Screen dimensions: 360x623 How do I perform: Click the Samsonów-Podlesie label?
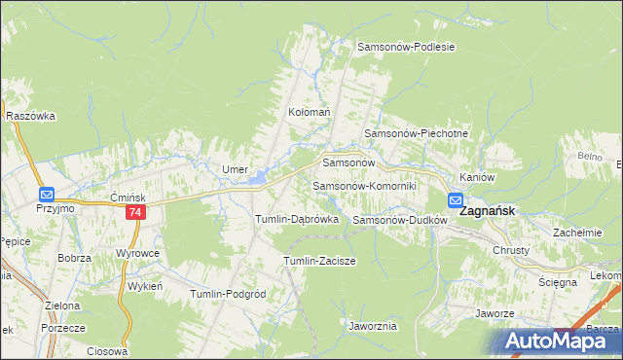(x=406, y=46)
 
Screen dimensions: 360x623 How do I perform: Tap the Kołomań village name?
(x=310, y=112)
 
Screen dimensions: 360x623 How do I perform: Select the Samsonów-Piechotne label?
(x=417, y=133)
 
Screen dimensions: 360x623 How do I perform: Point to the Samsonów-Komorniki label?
(x=364, y=185)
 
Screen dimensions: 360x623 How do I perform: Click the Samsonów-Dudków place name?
(x=399, y=220)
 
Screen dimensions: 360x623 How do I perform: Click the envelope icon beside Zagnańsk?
(x=456, y=201)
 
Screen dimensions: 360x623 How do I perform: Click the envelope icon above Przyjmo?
(x=46, y=195)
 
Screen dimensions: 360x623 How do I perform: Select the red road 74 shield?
(x=135, y=212)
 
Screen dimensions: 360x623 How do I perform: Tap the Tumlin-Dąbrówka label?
(x=296, y=220)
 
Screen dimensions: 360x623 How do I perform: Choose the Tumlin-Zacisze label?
(x=319, y=261)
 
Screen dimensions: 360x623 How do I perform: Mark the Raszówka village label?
(x=30, y=116)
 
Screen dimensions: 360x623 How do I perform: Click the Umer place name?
(x=235, y=169)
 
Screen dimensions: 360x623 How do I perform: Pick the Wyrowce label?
(x=137, y=253)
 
